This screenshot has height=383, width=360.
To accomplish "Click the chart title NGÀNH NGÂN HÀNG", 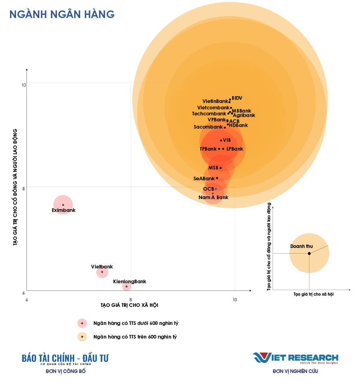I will tap(62, 14).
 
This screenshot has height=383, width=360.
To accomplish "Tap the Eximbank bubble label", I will tap(64, 210).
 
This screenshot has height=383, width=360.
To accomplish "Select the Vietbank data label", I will tap(102, 267).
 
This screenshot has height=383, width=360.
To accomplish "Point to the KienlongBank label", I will tap(129, 282).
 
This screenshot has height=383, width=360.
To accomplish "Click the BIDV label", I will tap(237, 98).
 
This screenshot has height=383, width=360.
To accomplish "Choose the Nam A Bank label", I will tap(213, 198).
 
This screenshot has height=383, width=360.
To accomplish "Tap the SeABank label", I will tap(204, 178).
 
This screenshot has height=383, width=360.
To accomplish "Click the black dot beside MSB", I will tap(220, 168).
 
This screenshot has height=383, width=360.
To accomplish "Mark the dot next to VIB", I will tap(221, 140).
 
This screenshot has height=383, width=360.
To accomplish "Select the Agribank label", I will tap(244, 115).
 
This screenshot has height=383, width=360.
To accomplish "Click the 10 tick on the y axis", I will tap(24, 85).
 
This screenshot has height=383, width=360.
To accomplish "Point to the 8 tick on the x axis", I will tap(131, 300).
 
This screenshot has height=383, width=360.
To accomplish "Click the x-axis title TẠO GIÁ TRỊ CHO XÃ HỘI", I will tap(129, 305).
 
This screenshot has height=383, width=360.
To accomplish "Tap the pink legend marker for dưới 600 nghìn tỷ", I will tap(82, 323).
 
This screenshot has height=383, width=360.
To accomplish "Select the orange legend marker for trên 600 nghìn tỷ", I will tap(82, 337).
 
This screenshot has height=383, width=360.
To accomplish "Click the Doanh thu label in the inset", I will tap(301, 246).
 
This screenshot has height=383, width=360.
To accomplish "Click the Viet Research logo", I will tap(295, 358).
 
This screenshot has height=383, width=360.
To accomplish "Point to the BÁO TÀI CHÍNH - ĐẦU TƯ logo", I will tap(65, 359).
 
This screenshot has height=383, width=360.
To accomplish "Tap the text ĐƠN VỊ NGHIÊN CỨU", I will tap(295, 371).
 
